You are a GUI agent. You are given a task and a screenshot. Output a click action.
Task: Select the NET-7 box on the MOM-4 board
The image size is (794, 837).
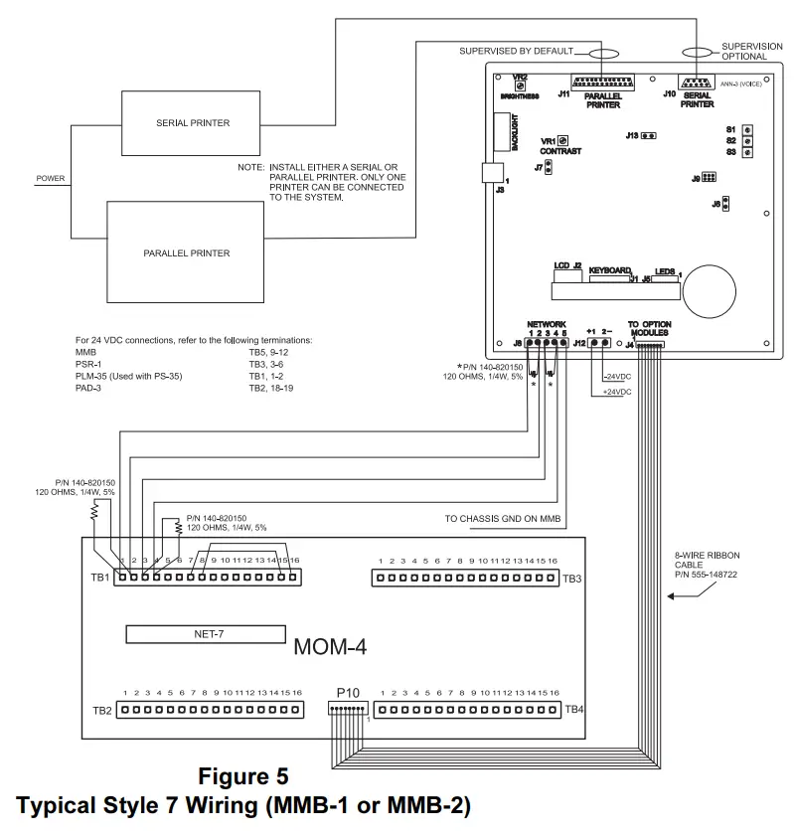205,634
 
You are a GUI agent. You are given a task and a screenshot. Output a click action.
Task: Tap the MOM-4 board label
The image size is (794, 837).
331,648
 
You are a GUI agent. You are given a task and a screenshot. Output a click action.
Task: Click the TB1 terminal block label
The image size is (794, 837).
98,578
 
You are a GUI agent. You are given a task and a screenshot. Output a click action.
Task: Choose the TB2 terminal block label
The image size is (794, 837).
101,710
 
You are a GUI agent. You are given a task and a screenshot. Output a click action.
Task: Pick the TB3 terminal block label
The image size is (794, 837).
571,578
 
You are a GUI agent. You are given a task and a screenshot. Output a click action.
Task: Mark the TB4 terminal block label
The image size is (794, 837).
573,710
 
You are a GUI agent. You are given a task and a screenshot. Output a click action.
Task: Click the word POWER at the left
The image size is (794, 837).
51,179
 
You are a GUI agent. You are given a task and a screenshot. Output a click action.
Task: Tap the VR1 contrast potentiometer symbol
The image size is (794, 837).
562,141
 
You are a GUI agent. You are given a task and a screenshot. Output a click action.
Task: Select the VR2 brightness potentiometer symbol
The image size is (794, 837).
520,86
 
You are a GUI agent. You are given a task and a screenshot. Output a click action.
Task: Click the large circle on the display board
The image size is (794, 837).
715,288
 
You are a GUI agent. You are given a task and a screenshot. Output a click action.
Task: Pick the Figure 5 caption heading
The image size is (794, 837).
243,774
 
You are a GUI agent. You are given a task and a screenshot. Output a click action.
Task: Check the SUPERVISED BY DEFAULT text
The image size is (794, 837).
517,50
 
